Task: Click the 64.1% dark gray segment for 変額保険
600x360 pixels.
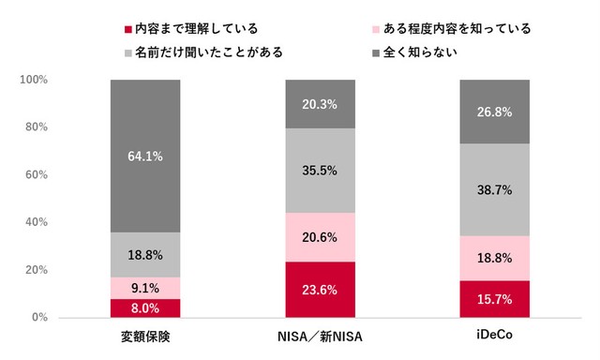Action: pyautogui.click(x=145, y=156)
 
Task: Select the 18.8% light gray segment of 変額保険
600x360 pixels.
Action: pyautogui.click(x=145, y=254)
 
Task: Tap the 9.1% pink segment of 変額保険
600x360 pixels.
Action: pyautogui.click(x=145, y=288)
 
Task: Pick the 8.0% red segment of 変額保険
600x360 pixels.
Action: pyautogui.click(x=145, y=307)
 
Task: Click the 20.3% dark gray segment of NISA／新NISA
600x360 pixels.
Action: pyautogui.click(x=321, y=104)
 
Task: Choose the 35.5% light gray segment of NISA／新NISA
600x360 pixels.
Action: pyautogui.click(x=321, y=171)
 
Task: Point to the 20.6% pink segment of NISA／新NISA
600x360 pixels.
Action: pyautogui.click(x=321, y=237)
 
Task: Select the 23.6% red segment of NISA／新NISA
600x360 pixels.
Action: pyautogui.click(x=321, y=290)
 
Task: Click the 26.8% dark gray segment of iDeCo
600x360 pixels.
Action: pyautogui.click(x=495, y=112)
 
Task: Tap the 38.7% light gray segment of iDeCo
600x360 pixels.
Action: pyautogui.click(x=495, y=189)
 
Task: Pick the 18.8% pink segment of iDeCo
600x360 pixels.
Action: pyautogui.click(x=495, y=258)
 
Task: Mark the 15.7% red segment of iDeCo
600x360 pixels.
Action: pyautogui.click(x=495, y=299)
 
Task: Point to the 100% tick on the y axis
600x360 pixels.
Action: pyautogui.click(x=34, y=80)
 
